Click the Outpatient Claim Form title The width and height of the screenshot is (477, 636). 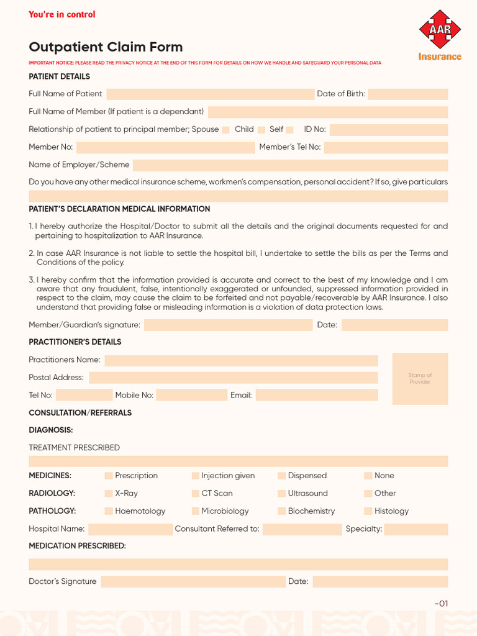(106, 47)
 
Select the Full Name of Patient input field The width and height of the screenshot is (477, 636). (210, 94)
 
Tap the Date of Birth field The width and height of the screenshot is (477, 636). (407, 94)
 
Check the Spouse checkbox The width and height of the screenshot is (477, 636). (226, 130)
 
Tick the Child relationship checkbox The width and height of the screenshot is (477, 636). (261, 130)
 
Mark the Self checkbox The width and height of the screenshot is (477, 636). (289, 130)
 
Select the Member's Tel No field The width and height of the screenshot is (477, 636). (386, 147)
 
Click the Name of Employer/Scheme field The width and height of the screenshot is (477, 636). (290, 165)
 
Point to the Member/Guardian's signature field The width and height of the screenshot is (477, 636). (229, 325)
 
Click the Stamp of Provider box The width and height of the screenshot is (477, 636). (420, 379)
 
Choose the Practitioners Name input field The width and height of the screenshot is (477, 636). (241, 360)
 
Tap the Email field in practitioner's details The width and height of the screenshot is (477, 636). (316, 395)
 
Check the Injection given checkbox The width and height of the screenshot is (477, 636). (196, 476)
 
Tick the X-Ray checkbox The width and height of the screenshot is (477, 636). (109, 494)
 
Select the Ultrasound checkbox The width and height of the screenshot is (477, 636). (282, 494)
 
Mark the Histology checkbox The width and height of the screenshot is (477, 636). (368, 511)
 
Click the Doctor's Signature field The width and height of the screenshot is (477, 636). (193, 582)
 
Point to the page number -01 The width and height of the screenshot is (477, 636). (441, 604)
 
